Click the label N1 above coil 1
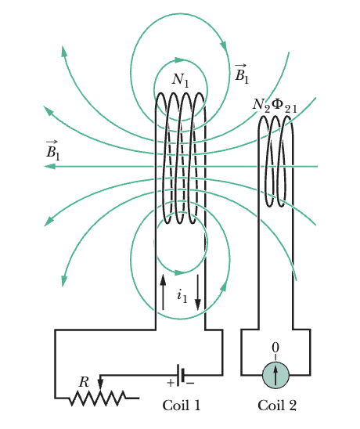(x=181, y=80)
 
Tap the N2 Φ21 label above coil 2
(x=275, y=106)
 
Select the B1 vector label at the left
(x=52, y=150)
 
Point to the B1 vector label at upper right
(x=242, y=74)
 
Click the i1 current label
(x=182, y=296)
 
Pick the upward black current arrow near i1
(x=163, y=292)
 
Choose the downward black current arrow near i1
(x=198, y=293)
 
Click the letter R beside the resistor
(x=84, y=382)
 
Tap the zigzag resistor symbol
(x=98, y=398)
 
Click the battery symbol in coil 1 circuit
(x=181, y=375)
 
